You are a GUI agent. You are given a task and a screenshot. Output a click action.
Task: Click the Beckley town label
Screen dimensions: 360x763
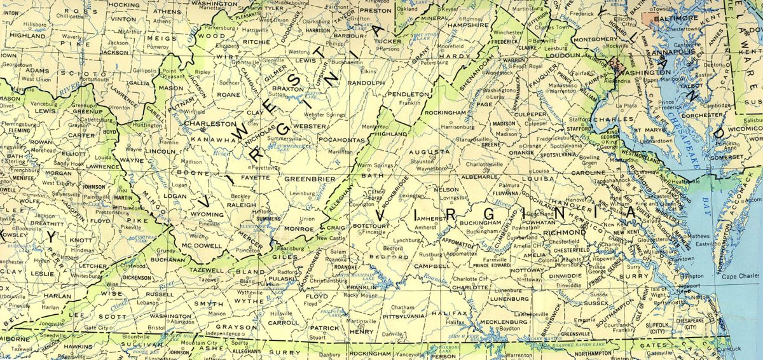(x=240, y=197)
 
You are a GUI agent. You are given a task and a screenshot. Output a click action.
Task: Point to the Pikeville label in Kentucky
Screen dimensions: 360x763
(x=130, y=226)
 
